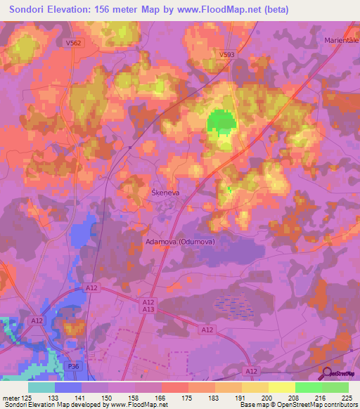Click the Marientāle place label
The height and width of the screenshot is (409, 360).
point(342,39)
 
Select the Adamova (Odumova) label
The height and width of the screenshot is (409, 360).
point(179,242)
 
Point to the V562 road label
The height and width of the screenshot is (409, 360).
point(73,43)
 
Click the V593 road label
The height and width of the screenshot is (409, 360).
point(226,54)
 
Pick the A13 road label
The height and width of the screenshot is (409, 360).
point(148,309)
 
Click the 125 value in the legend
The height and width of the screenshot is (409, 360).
point(29,398)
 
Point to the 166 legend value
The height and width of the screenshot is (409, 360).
point(162,398)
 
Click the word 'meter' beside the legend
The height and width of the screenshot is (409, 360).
point(11,398)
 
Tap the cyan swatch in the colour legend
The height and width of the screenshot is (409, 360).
point(41,387)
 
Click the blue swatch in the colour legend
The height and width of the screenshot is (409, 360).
point(68,387)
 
